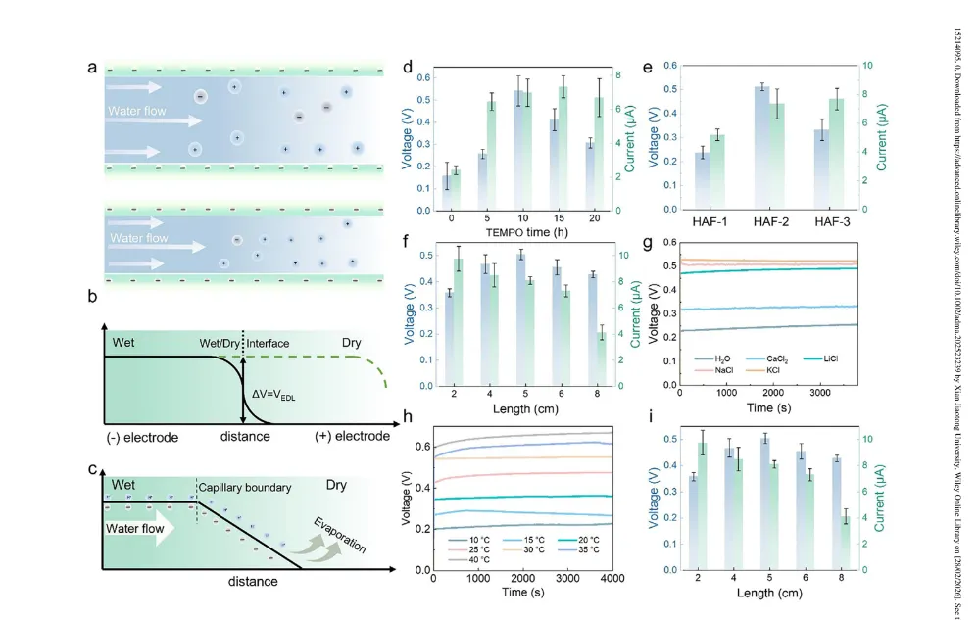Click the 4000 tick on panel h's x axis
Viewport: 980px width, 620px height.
(x=612, y=581)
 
